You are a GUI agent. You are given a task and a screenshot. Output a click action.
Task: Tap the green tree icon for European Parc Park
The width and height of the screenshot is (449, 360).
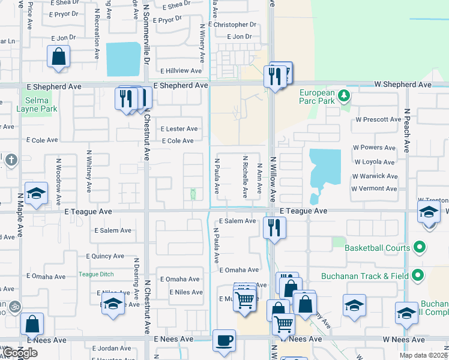pos(343,95)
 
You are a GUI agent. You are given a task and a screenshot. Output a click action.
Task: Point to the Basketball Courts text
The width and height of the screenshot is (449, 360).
pos(377,248)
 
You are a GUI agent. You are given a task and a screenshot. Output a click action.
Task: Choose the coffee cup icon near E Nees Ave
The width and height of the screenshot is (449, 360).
pos(224,340)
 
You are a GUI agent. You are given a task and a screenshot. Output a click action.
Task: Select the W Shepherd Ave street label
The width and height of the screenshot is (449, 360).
pos(402,85)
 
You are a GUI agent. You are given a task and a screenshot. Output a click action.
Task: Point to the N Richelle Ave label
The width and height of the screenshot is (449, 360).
pos(245,177)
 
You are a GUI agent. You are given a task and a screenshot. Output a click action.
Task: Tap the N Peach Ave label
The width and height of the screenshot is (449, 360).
pos(407,131)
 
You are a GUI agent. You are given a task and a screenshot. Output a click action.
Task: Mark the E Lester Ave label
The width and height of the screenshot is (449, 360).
pos(179,129)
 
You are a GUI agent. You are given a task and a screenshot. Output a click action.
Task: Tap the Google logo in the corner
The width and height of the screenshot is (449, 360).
pos(19,353)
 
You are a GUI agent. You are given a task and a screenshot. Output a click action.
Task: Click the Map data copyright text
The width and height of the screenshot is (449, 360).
pos(423,355)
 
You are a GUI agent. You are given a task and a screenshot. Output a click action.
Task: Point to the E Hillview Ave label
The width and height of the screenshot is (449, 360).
pos(179,71)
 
